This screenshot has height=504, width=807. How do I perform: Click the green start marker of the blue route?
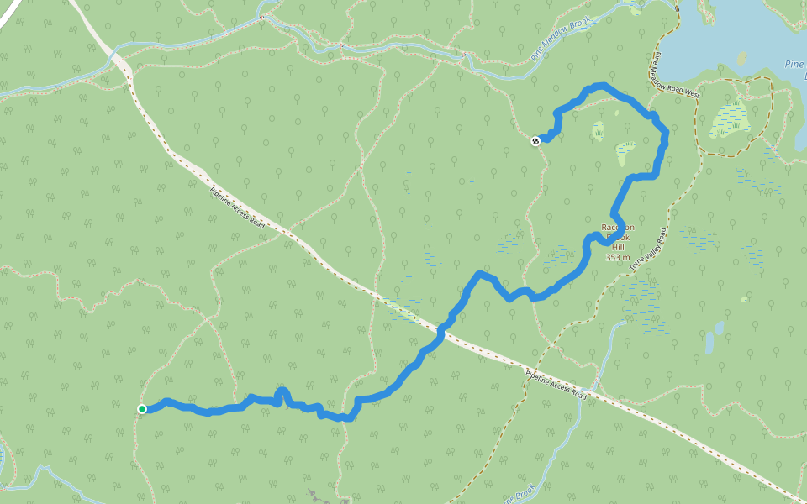[x=142, y=409]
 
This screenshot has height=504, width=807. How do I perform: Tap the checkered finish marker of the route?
[x=535, y=141]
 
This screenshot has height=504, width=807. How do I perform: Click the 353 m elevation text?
[x=618, y=257]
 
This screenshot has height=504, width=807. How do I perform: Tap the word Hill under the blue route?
[x=618, y=247]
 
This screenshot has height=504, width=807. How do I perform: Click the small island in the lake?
[x=741, y=59]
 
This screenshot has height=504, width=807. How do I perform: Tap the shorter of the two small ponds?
[x=719, y=327]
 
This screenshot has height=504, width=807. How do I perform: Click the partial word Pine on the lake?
[x=794, y=64]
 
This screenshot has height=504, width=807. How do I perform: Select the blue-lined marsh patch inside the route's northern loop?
[x=625, y=152]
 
